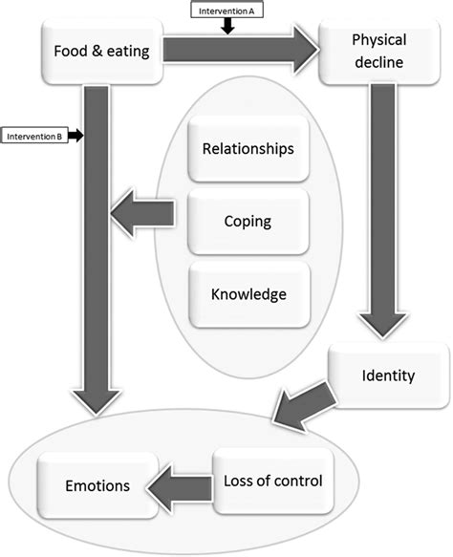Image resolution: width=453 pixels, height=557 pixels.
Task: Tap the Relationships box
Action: point(248,149)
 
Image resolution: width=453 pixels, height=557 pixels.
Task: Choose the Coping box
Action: point(248,221)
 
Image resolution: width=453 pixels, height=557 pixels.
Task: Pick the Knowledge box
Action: point(248,293)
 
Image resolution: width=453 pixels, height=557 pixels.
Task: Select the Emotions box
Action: point(97,485)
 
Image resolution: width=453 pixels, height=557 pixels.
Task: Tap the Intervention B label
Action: point(34,137)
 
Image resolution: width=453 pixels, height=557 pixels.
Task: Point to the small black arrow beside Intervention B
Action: point(77,137)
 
